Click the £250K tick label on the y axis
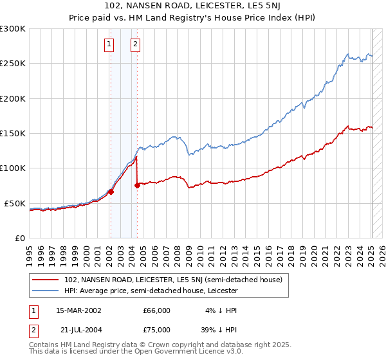[x=12, y=64]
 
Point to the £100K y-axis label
[x=12, y=168]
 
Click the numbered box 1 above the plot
[x=109, y=44]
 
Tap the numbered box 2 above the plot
[x=136, y=44]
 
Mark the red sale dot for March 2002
[x=111, y=192]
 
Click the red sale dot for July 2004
[x=137, y=186]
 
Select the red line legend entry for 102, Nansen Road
[x=167, y=280]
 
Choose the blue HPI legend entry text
[x=151, y=291]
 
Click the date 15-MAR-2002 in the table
[x=78, y=310]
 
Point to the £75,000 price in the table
[x=156, y=330]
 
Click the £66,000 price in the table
[x=156, y=310]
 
